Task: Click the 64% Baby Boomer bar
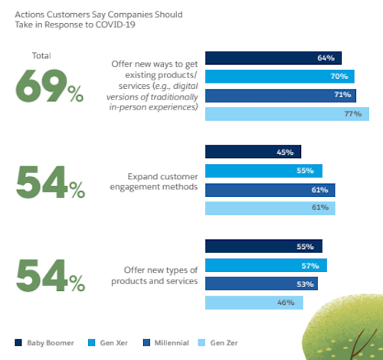tap(273, 57)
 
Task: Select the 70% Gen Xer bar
tap(280, 77)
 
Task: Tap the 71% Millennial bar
tap(281, 95)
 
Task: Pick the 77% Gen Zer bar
tap(286, 114)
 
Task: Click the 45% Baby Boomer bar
tap(253, 152)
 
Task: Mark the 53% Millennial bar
tap(261, 284)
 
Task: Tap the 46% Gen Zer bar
tap(254, 303)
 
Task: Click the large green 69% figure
tap(50, 87)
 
